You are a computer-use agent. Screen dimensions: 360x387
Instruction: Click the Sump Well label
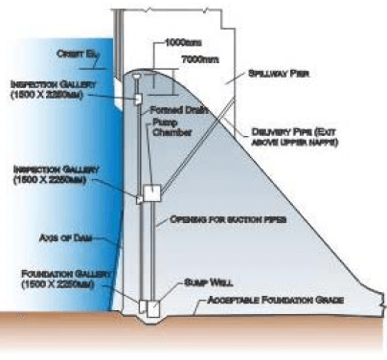[202, 285]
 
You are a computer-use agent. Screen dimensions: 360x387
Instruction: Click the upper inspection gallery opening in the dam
[138, 99]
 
